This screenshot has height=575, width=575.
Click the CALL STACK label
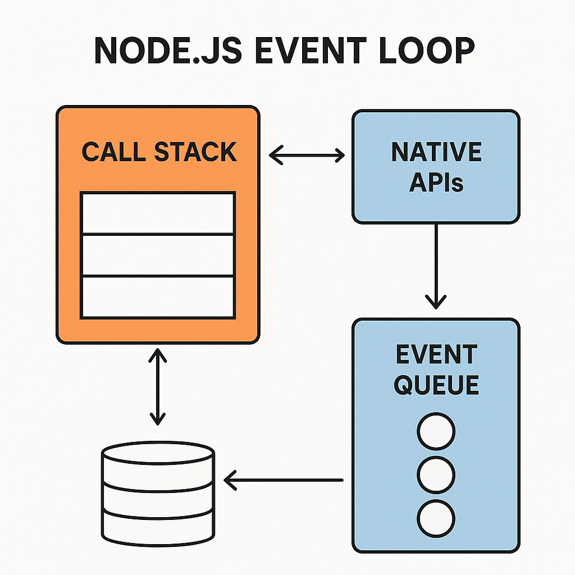[x=159, y=153]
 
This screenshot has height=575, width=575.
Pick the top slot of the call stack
[x=158, y=213]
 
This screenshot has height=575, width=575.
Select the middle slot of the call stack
[x=158, y=255]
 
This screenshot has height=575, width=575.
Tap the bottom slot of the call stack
[x=158, y=296]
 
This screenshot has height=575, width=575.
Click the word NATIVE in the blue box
[x=436, y=153]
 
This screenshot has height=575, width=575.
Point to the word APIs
[x=436, y=183]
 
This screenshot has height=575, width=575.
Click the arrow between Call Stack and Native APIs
[x=307, y=154]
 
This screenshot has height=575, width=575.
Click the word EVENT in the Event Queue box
[x=436, y=355]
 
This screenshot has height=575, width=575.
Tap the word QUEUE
[x=436, y=385]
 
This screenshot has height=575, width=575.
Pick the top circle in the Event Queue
[x=436, y=432]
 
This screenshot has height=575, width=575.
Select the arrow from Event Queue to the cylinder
[x=284, y=480]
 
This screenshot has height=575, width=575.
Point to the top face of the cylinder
[x=158, y=454]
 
